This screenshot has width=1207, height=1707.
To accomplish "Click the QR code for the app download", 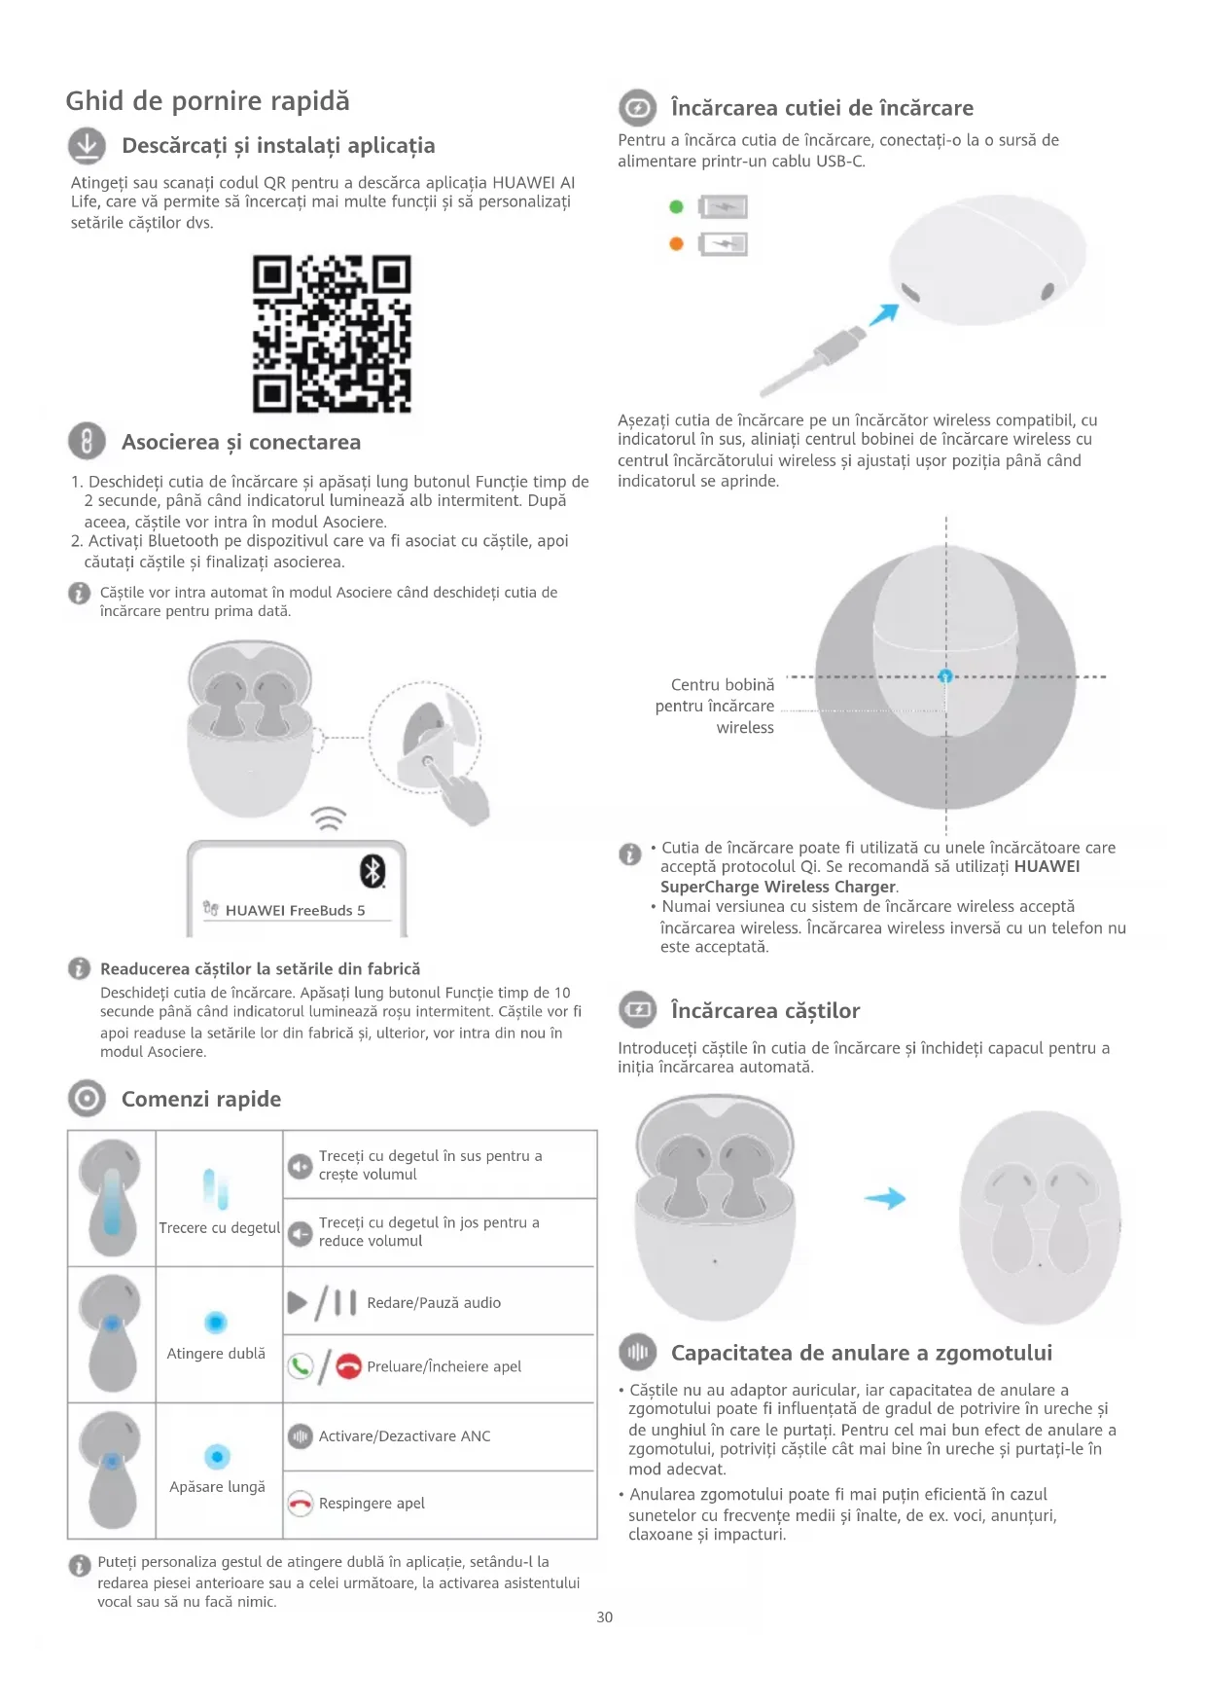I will pos(332,334).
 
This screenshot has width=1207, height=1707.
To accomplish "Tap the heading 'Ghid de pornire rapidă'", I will pos(207,101).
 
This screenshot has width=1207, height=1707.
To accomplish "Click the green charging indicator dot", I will pos(677,206).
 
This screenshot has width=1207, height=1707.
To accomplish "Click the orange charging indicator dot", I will pos(677,243).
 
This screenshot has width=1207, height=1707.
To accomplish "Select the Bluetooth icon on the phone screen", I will pos(373,870).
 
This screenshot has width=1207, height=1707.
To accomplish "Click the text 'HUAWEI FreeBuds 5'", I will pos(295,911).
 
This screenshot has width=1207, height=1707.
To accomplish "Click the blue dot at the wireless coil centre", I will pos(945,676).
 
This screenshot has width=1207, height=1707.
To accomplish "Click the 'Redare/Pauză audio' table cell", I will pos(440,1302).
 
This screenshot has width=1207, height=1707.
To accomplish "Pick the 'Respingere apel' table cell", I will pos(440,1504).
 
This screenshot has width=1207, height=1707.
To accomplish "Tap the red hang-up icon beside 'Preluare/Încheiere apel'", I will pos(348,1366).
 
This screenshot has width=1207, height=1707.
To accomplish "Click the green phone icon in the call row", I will pos(301,1366).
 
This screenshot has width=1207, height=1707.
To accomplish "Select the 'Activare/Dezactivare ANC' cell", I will pos(440,1436).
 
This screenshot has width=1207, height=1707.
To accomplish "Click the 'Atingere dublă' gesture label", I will pos(216,1354).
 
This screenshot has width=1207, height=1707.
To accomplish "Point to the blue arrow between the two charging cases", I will pos(885,1199).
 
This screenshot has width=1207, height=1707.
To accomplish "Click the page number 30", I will pos(604,1617).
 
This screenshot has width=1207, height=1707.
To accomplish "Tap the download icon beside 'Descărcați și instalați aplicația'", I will pos(87,146).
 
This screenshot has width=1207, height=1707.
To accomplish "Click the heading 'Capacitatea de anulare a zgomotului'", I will pos(861,1353).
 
